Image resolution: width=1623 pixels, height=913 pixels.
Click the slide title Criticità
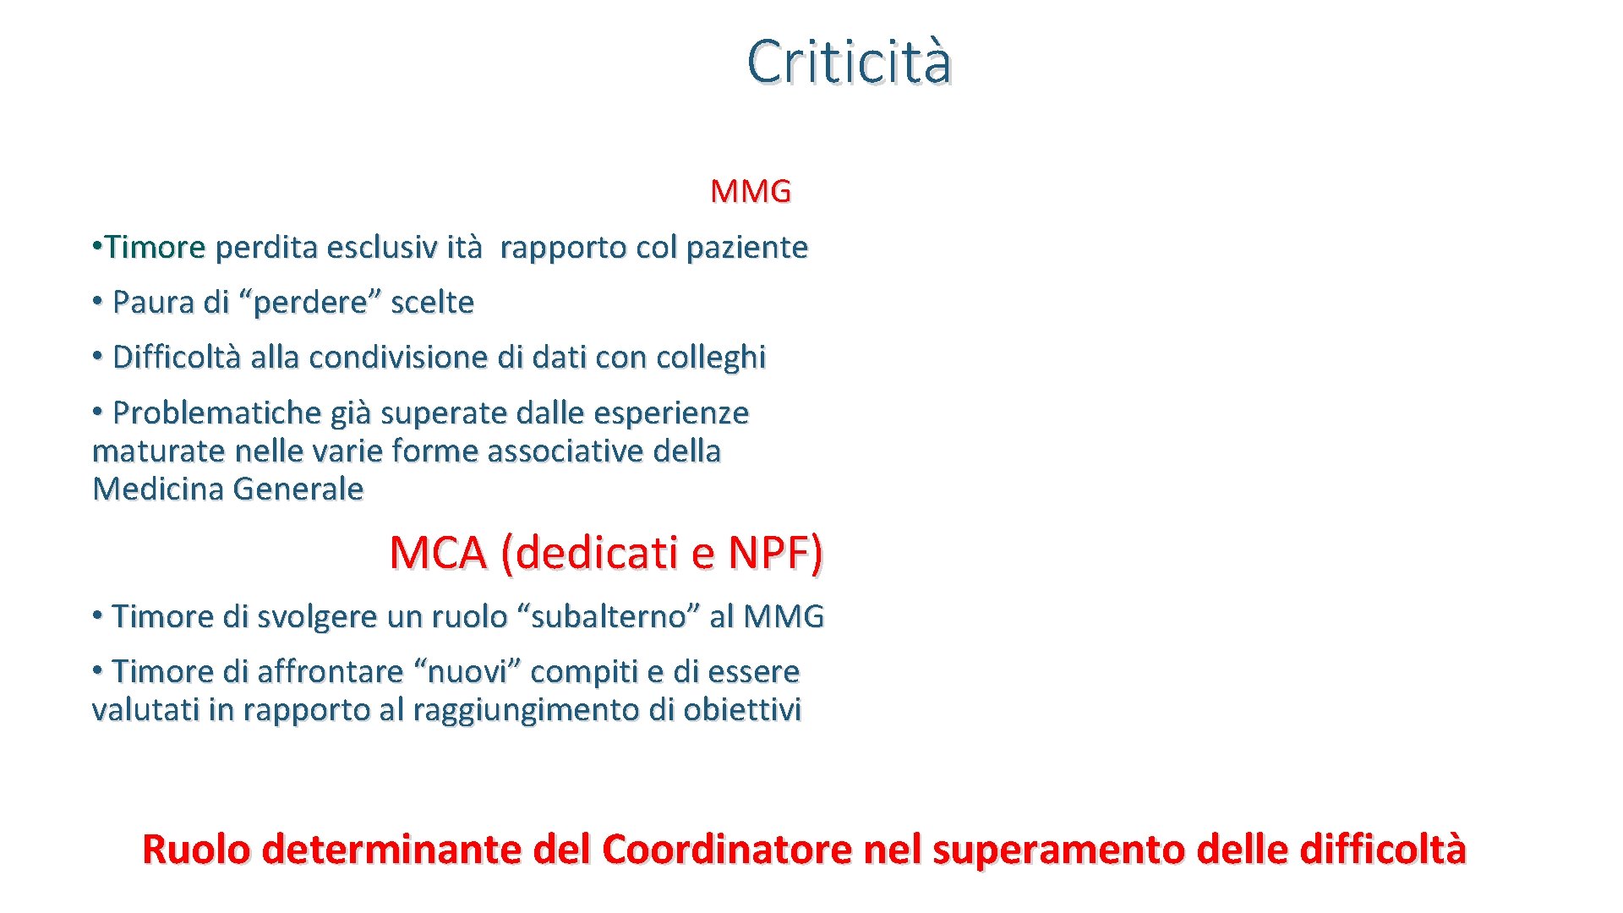pos(849,62)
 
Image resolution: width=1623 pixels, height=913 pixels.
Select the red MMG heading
pos(751,192)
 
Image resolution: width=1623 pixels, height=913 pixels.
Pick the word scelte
pos(432,303)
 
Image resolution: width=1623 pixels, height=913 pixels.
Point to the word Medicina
pos(158,489)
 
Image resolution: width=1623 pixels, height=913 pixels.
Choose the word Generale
pos(298,489)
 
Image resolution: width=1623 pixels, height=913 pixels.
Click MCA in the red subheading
pos(438,554)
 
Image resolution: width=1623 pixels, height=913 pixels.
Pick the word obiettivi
pos(741,710)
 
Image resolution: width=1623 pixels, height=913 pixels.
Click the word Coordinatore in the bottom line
pos(726,850)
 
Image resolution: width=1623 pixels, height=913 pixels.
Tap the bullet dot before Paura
pos(98,300)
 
